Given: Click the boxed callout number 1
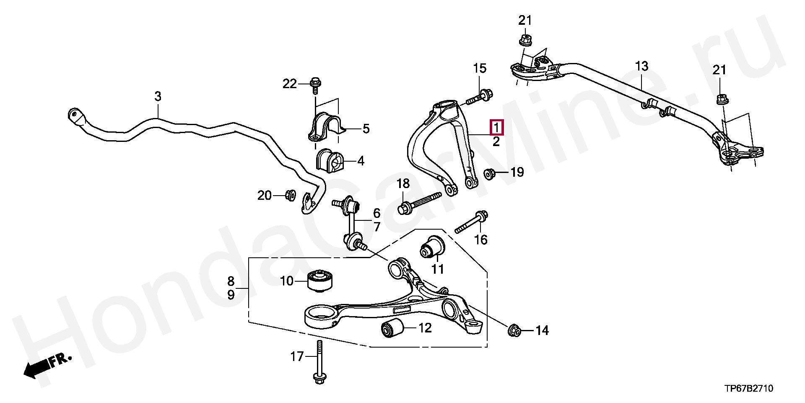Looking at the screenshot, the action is [496, 127].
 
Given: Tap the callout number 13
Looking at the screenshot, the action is [641, 66].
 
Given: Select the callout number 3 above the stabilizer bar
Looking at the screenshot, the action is [158, 97].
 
